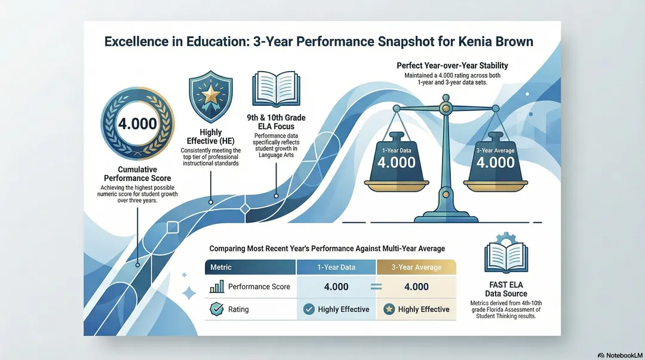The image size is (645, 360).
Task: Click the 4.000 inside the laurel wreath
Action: pos(137,124)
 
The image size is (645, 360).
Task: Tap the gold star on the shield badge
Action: pos(211,94)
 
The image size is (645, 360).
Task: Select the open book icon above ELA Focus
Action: pos(276,89)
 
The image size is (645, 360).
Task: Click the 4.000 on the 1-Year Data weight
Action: pos(397,162)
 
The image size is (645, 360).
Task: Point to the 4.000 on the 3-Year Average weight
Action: pos(495,162)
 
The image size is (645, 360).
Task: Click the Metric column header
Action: pos(221,267)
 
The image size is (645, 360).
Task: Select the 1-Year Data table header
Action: pos(336,267)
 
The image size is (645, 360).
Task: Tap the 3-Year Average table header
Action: pos(416,267)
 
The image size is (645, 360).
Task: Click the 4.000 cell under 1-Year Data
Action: pos(336,287)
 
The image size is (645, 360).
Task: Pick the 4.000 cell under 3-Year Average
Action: pos(416,287)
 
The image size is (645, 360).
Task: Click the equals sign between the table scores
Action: pos(376,287)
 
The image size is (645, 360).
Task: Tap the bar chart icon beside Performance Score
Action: pos(217,287)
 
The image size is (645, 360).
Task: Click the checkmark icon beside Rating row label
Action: pos(216,309)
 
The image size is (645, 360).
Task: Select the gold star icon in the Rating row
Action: pos(389,309)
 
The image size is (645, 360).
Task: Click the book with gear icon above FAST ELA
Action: pos(506,253)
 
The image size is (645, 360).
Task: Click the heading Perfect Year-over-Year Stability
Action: pos(452,66)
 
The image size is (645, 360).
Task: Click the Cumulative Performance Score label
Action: pos(137,174)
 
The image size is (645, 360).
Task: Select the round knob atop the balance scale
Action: pos(446,97)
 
